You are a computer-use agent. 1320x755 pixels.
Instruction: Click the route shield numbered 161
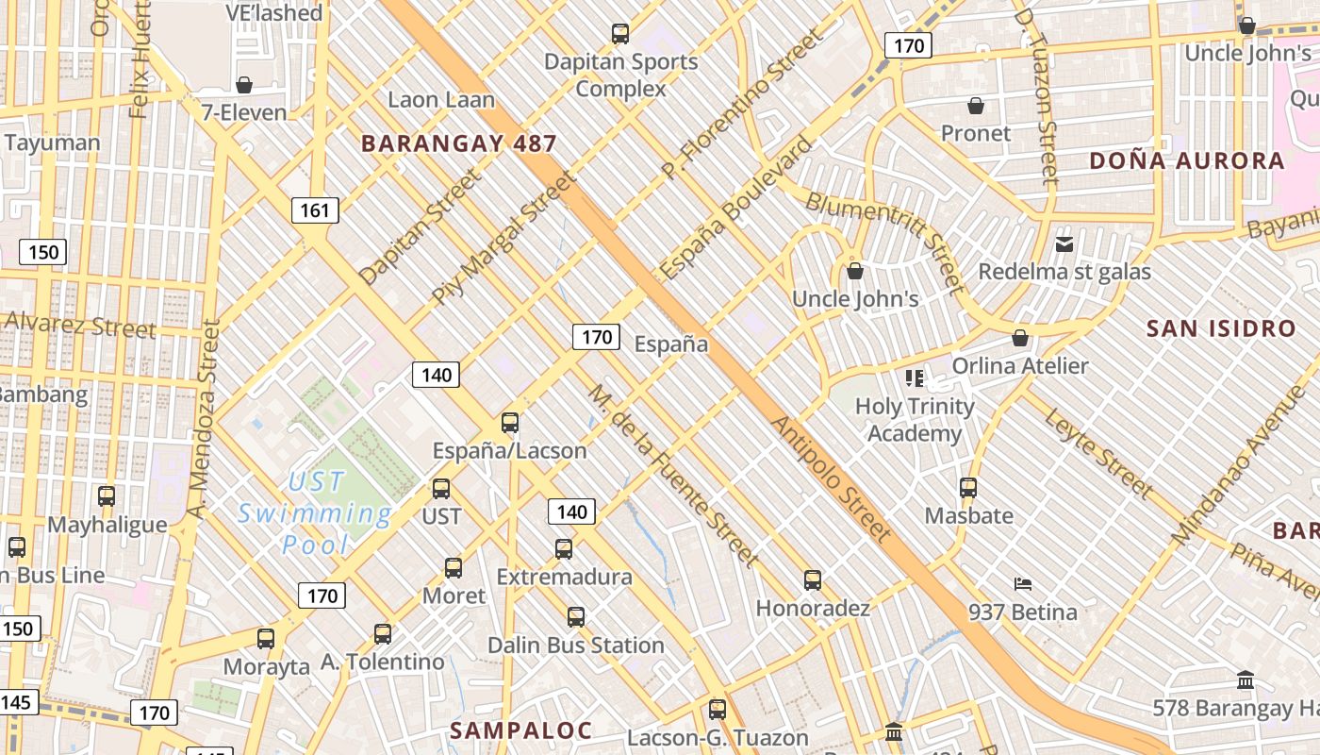(x=314, y=210)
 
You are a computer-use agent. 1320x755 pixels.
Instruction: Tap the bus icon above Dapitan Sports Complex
(x=619, y=34)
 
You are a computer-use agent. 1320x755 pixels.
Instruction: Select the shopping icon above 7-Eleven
(x=244, y=85)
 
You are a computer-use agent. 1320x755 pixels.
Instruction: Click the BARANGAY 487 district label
(x=458, y=143)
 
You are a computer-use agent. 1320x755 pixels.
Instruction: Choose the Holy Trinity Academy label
(x=915, y=420)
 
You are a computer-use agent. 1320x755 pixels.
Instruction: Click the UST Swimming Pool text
(x=315, y=513)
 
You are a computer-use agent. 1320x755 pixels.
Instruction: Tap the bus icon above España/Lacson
(x=510, y=423)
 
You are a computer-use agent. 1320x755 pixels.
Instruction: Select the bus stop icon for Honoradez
(x=813, y=580)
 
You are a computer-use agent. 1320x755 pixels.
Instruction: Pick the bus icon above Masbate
(x=968, y=488)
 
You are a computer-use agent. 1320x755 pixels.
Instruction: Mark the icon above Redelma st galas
(x=1064, y=244)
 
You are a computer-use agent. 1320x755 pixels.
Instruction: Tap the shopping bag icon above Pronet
(x=976, y=106)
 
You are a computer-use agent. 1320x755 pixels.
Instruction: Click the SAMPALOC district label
(x=520, y=730)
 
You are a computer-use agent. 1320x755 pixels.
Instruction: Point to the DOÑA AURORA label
(x=1187, y=160)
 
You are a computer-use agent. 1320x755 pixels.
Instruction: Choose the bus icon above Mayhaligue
(x=107, y=495)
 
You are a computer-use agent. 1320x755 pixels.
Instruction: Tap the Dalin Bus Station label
(x=575, y=646)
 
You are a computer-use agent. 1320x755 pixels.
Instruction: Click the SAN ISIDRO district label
(x=1221, y=328)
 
